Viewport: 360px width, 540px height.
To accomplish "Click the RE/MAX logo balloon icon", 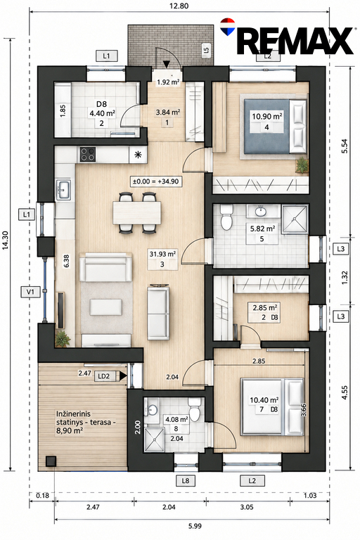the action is click(227, 27).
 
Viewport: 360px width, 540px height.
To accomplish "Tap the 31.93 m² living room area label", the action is click(162, 255).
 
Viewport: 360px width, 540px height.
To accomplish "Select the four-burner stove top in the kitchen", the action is click(87, 154).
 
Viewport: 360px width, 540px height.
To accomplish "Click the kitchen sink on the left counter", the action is click(64, 189).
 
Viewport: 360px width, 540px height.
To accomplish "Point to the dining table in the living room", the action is click(137, 212).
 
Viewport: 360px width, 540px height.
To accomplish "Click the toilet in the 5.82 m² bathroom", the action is click(226, 218).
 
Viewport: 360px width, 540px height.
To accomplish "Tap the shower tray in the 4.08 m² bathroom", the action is click(154, 439).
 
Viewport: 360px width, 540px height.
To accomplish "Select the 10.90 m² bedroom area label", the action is click(267, 117).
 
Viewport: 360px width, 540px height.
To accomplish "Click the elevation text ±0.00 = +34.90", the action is click(156, 181).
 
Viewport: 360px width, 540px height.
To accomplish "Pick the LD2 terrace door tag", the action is click(103, 376).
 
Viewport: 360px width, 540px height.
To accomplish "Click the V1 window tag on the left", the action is click(31, 292).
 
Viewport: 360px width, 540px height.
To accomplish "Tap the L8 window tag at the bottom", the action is click(186, 480).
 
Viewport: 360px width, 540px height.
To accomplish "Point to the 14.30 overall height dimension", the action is click(5, 245).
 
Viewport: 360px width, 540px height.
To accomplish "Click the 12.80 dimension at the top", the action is click(179, 6).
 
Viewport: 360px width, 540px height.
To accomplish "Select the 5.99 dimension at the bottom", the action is click(195, 526).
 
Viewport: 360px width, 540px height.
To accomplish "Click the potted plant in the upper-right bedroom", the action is click(302, 165).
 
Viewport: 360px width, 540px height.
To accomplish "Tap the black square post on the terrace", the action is click(51, 461).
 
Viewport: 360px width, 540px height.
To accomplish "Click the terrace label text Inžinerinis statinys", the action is click(73, 418).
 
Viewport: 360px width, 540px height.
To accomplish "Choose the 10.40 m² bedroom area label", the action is click(264, 400).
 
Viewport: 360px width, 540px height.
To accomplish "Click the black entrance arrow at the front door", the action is click(167, 64).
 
